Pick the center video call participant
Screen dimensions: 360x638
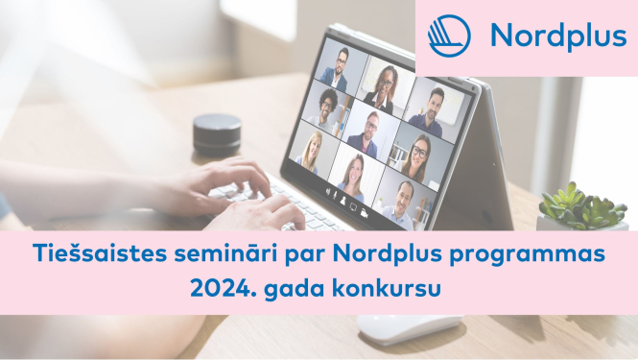(x=365, y=132)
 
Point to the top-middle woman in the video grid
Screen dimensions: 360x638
(x=381, y=87)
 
